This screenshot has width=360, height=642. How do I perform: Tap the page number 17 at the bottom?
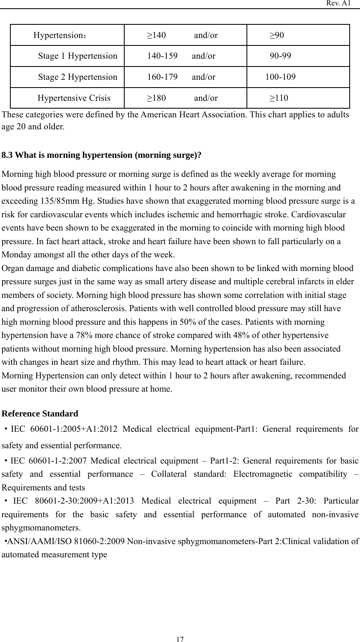tap(180, 640)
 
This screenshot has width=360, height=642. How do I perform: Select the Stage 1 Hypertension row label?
tap(78, 56)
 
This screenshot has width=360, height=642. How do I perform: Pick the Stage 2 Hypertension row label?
tap(78, 77)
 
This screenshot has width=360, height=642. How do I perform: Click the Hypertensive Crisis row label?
tap(74, 98)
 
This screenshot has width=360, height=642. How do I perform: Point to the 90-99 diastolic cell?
tap(280, 56)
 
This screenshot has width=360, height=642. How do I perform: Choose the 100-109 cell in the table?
tap(280, 77)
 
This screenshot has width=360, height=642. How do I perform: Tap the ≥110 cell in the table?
tap(279, 98)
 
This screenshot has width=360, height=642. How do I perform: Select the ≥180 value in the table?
tap(156, 98)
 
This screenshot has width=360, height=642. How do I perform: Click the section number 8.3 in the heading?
tap(7, 155)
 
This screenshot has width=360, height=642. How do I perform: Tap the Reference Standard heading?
tap(40, 414)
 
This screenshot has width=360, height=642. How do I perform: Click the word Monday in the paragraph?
tap(17, 254)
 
